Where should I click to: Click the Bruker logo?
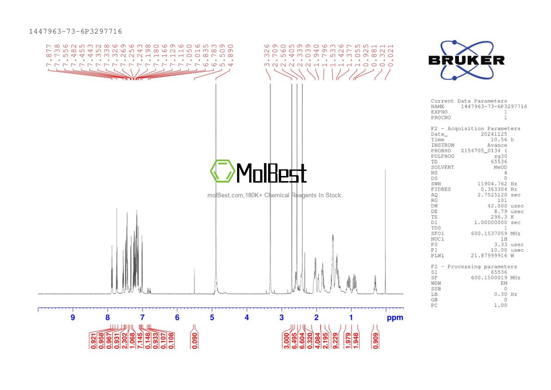tap(466, 60)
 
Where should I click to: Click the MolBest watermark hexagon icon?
tap(222, 171)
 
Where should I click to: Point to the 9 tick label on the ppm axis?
tap(73, 318)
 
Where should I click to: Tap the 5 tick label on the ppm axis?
tap(212, 318)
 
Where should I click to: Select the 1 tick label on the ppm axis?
tap(351, 318)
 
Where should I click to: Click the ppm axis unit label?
tap(394, 318)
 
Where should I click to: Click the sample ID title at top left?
tap(75, 31)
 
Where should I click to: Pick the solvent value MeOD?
tap(500, 167)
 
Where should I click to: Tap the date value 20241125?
tap(494, 134)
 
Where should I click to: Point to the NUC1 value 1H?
tap(503, 239)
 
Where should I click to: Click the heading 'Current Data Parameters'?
tap(469, 101)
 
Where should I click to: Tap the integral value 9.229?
tap(335, 340)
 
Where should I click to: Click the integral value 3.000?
tap(287, 340)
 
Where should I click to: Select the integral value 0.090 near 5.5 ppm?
tap(195, 340)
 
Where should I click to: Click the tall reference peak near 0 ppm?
tap(385, 232)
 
